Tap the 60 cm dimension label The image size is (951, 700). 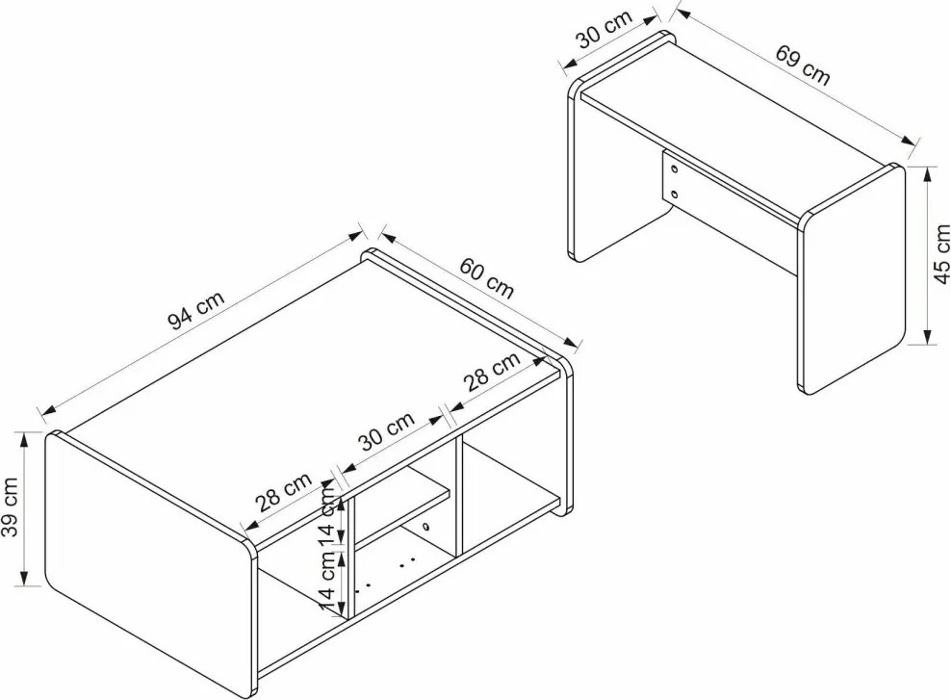click(486, 278)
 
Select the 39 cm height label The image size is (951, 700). click(10, 507)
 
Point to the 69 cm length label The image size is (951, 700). click(803, 65)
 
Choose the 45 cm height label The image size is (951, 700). click(941, 254)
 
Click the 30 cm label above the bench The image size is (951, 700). click(604, 29)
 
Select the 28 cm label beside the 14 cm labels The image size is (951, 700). click(283, 492)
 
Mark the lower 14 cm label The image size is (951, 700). click(327, 583)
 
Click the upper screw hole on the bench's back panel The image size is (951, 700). click(674, 169)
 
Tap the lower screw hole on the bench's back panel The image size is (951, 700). click(674, 194)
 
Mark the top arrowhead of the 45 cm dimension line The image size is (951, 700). click(927, 176)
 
